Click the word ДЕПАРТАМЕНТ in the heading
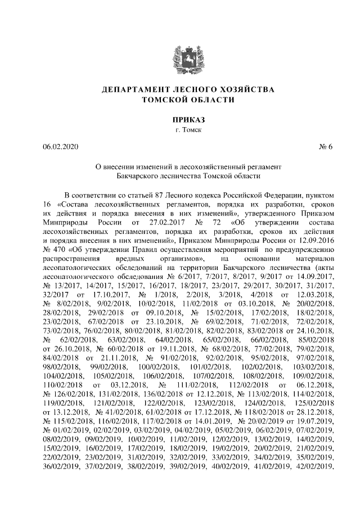[x=136, y=90]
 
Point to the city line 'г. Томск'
[x=180, y=130]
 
